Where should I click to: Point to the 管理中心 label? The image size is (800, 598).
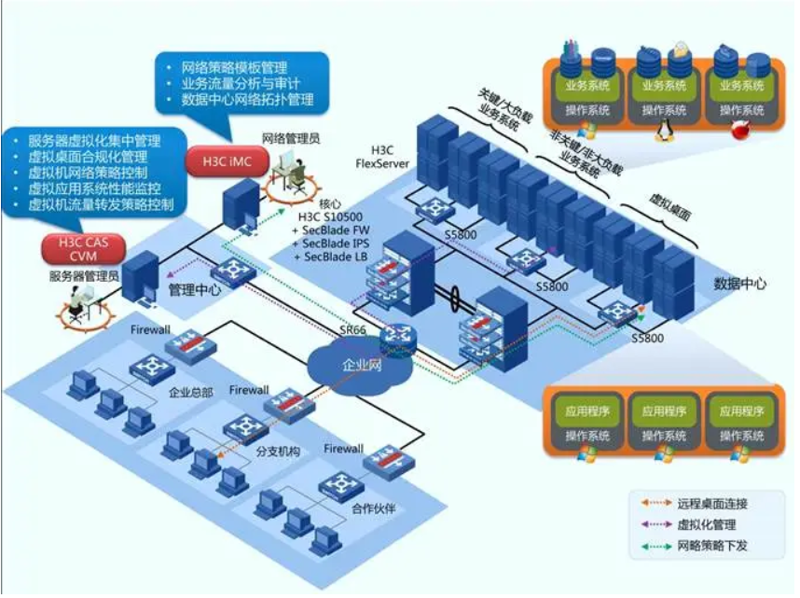click(x=194, y=290)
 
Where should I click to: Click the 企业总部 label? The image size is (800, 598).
click(x=191, y=392)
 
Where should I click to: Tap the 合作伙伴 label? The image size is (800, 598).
click(x=377, y=508)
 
